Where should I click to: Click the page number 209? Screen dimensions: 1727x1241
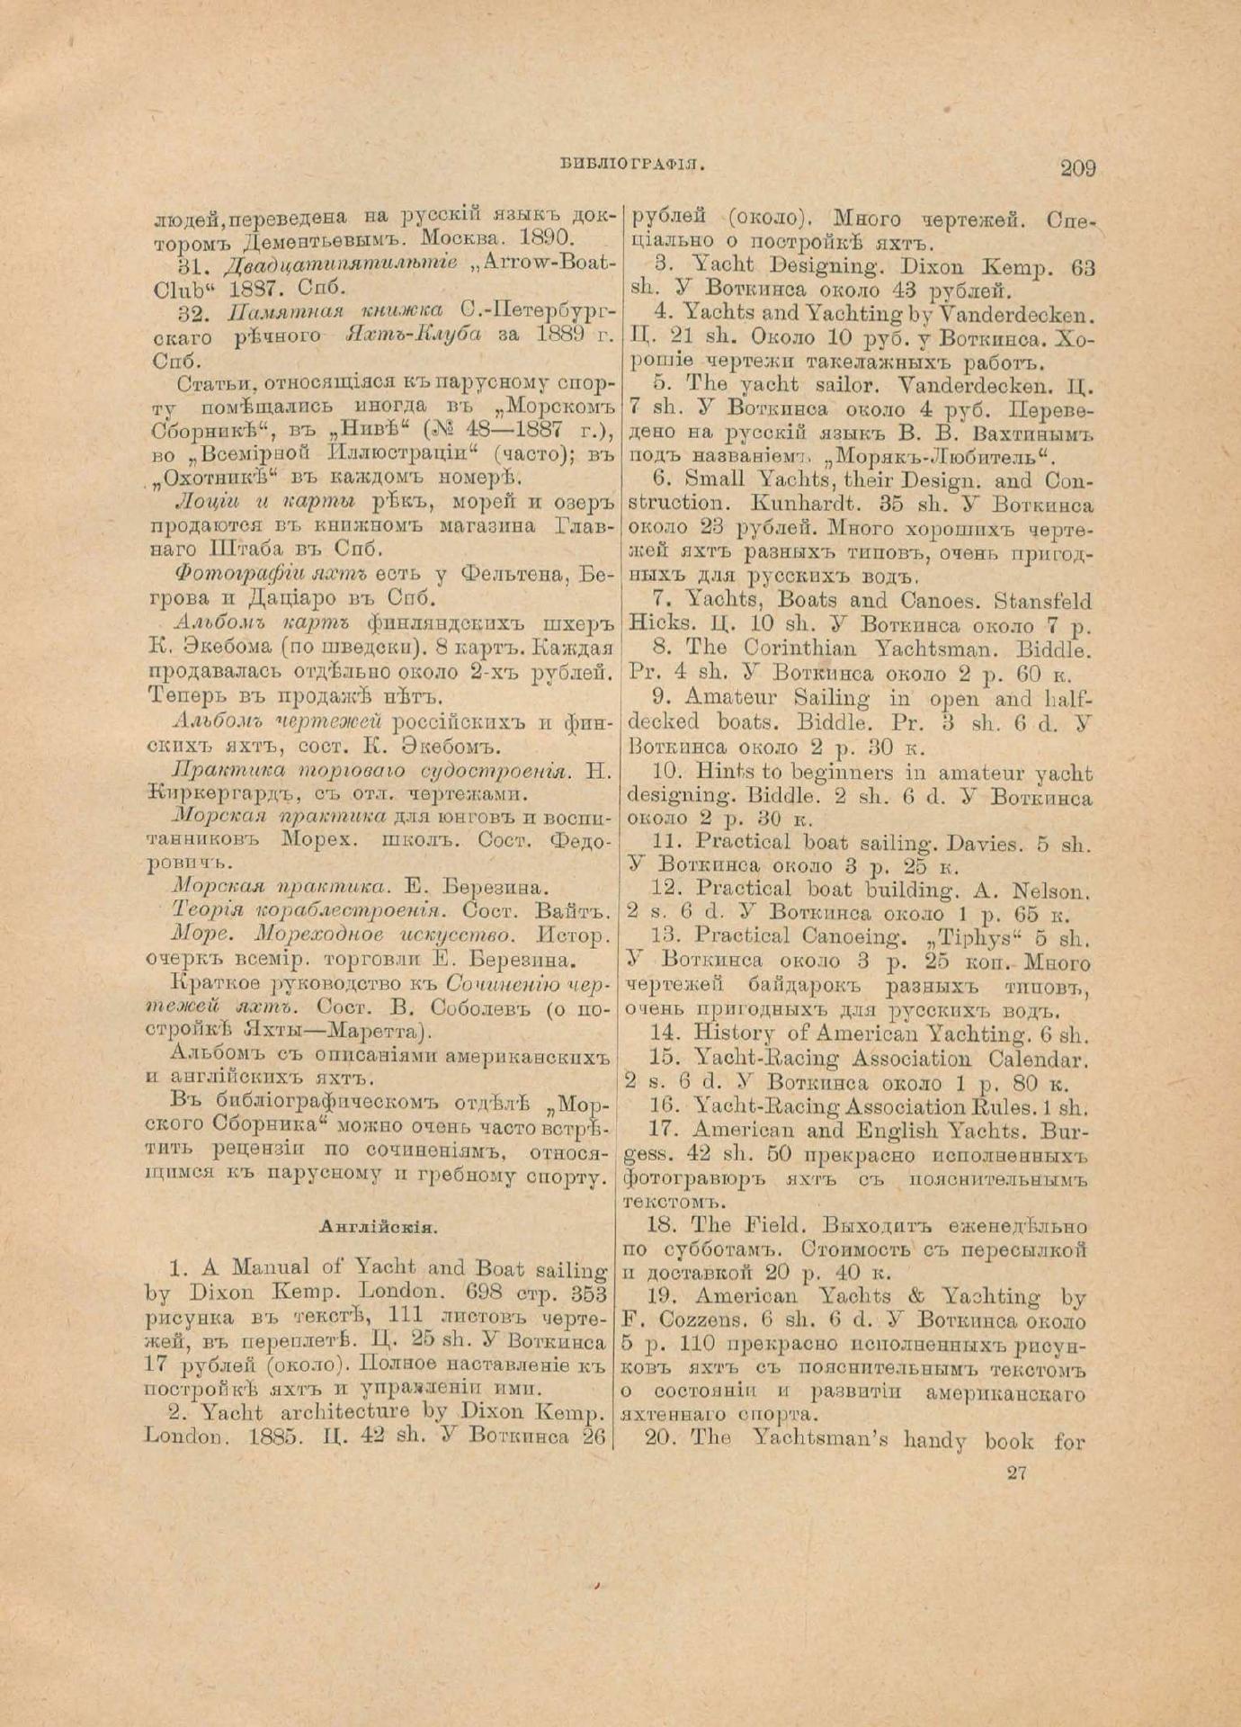point(1077,167)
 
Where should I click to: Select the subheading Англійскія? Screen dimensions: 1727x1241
point(378,1225)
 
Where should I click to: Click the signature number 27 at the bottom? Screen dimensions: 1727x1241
point(1017,1472)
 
